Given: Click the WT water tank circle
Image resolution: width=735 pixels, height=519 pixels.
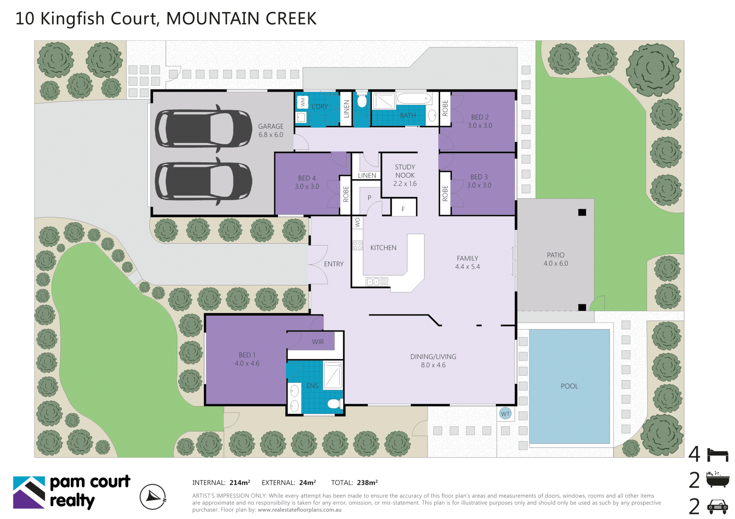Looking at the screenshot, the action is coord(505,413).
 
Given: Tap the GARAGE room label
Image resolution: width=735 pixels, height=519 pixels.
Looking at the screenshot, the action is coord(271,126).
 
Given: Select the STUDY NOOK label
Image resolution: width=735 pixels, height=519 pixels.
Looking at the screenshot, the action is coord(405,171).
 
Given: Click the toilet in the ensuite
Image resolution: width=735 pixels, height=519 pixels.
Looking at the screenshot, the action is coord(334,403).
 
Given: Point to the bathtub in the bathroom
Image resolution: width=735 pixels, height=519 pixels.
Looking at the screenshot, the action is coord(414,98).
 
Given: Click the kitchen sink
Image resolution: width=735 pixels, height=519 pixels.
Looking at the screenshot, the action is coord(377,282).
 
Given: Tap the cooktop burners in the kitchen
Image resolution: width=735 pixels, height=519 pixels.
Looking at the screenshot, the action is coord(358,245).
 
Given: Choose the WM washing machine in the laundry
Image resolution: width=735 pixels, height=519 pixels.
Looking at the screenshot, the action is coord(303,102).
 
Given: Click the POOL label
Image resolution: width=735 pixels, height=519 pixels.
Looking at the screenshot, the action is coord(569,386).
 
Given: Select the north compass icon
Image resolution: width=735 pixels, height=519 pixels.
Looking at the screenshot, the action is coord(153,497).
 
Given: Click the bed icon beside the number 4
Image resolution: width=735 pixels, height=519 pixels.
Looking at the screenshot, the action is coord(718,455).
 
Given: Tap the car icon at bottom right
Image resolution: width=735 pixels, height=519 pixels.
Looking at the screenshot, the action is coord(718,507).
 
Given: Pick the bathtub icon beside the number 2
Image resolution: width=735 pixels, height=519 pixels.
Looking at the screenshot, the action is coord(718,480).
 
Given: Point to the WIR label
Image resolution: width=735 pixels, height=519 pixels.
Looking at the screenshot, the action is coord(318,342).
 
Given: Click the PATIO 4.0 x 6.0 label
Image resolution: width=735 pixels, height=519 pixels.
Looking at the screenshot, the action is coord(555,259).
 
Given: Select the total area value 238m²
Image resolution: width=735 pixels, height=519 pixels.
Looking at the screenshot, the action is coord(367,483).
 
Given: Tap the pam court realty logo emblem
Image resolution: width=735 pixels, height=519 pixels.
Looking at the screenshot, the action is coord(29,492).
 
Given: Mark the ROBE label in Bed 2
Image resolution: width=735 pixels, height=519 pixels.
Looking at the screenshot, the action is coord(445,108).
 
